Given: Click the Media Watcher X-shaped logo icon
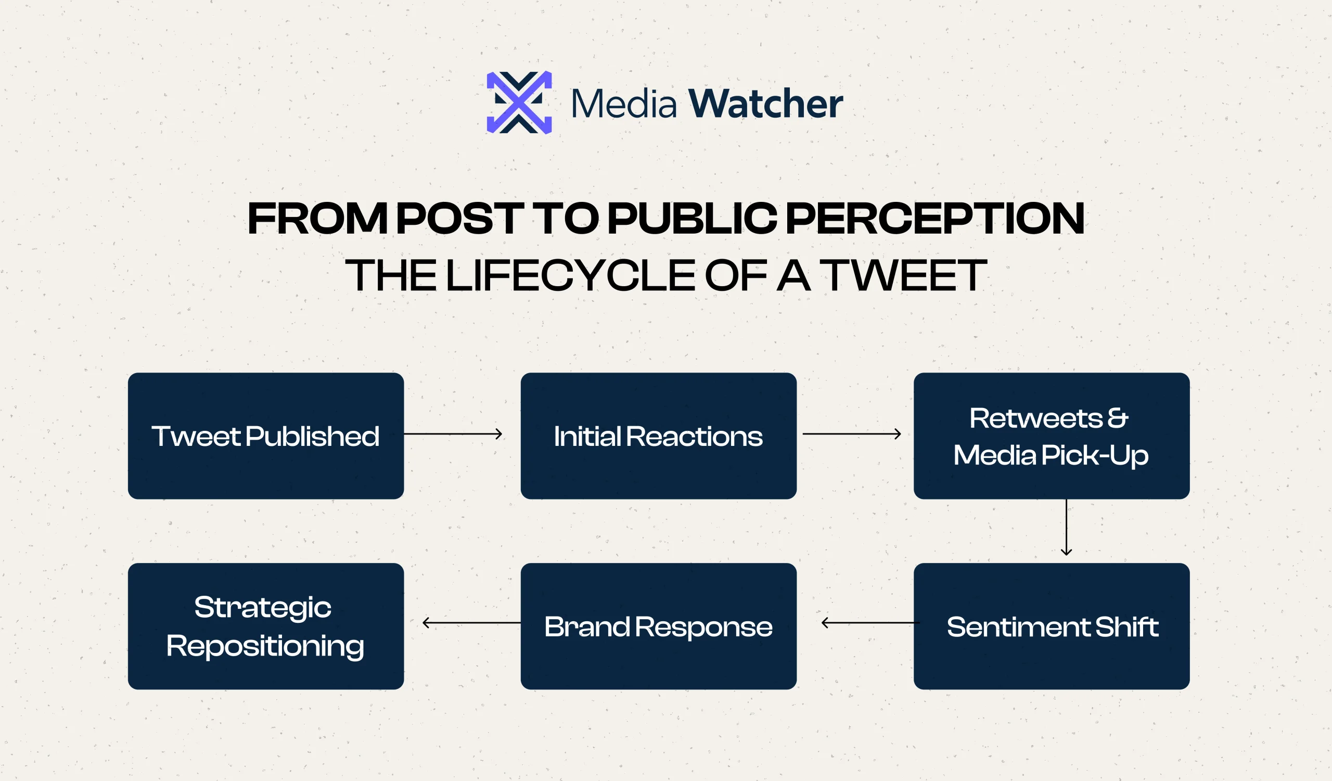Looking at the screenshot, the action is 519,103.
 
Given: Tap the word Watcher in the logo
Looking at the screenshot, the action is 765,104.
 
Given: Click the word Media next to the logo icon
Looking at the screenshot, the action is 624,104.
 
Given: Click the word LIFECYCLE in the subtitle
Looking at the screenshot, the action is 571,275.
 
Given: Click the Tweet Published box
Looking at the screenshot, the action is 266,436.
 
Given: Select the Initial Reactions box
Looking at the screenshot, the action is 659,436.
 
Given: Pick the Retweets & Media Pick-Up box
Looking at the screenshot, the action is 1052,436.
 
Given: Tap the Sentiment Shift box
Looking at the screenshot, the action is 1052,626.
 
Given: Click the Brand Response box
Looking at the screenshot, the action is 659,626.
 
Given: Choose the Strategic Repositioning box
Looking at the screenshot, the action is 266,626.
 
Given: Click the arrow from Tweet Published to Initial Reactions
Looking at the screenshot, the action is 453,434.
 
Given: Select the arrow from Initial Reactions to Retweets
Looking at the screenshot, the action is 852,434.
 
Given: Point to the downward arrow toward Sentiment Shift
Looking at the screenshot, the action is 1067,528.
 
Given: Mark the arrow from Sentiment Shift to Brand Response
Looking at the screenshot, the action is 870,623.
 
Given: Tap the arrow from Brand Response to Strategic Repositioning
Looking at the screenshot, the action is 471,623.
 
